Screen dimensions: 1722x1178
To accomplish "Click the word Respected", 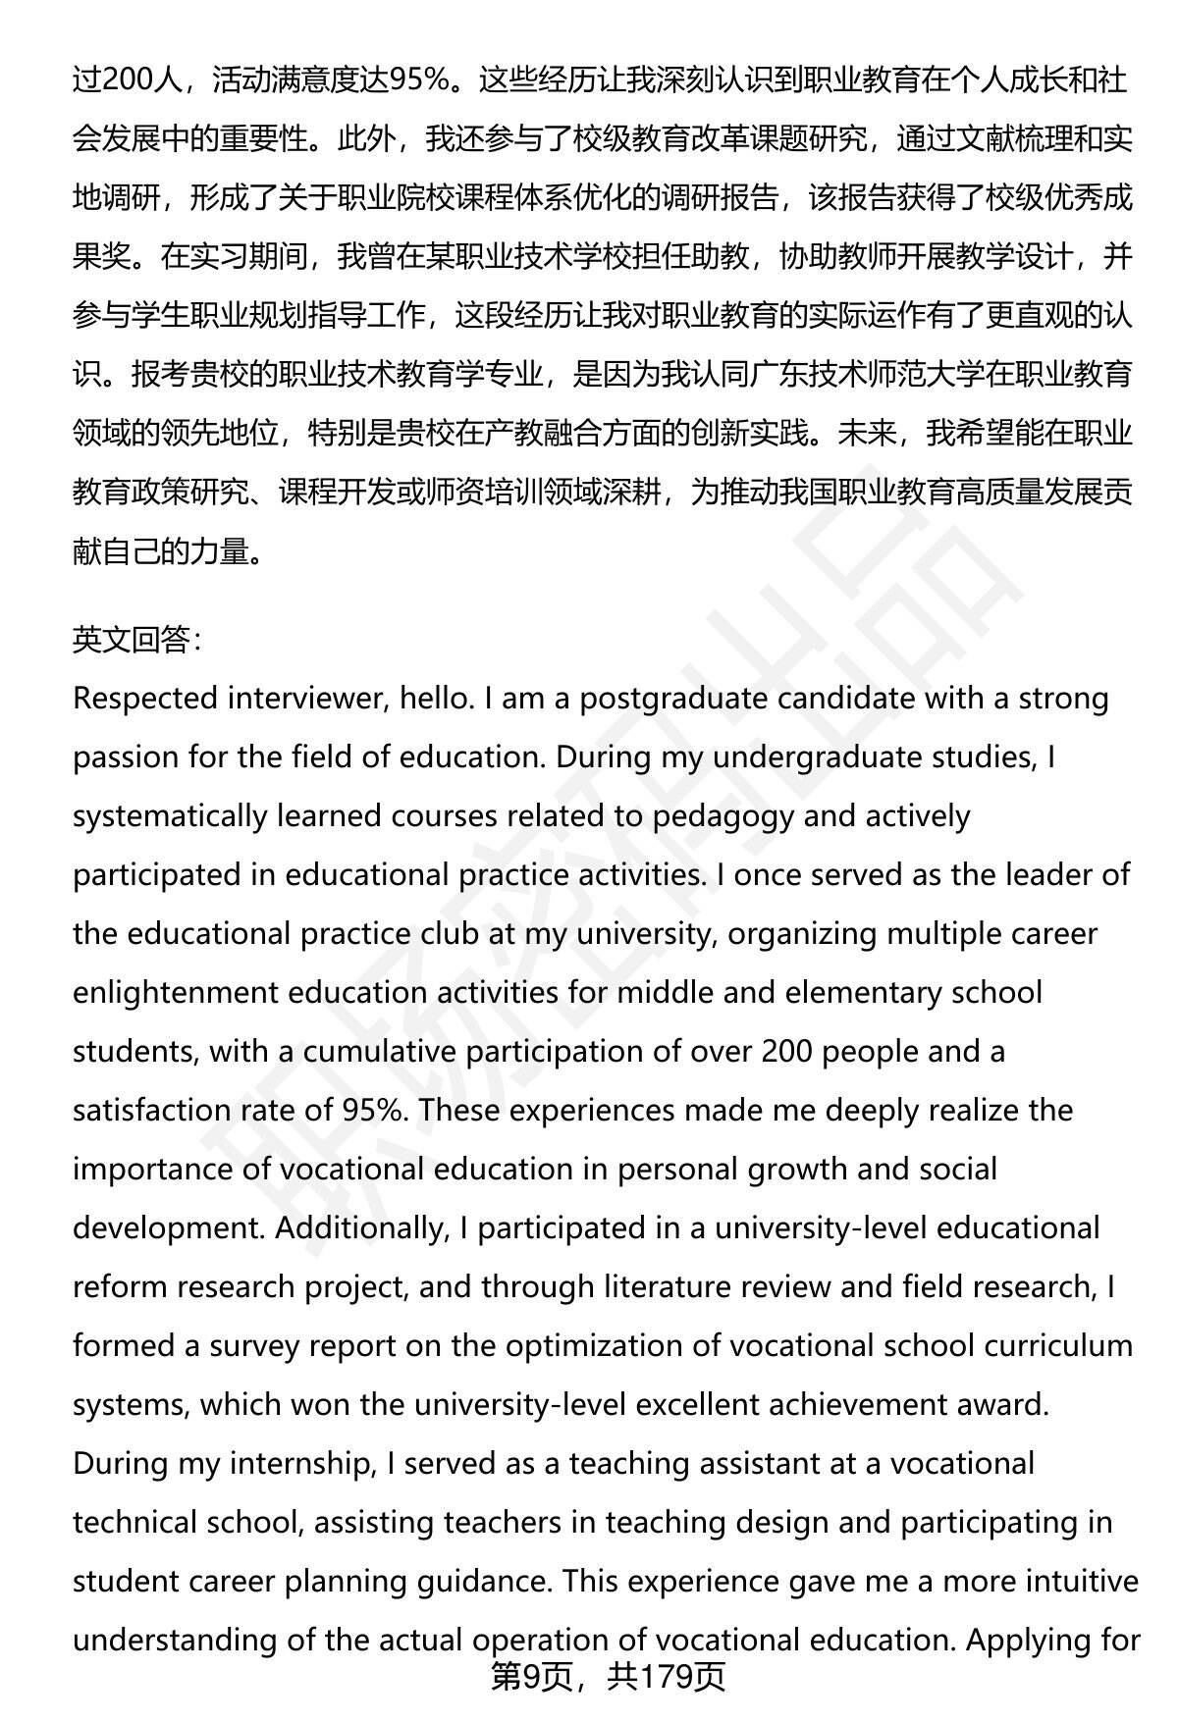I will [146, 699].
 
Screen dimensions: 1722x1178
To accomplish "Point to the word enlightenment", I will [176, 992].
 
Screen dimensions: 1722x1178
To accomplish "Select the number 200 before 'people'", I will [785, 1051].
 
